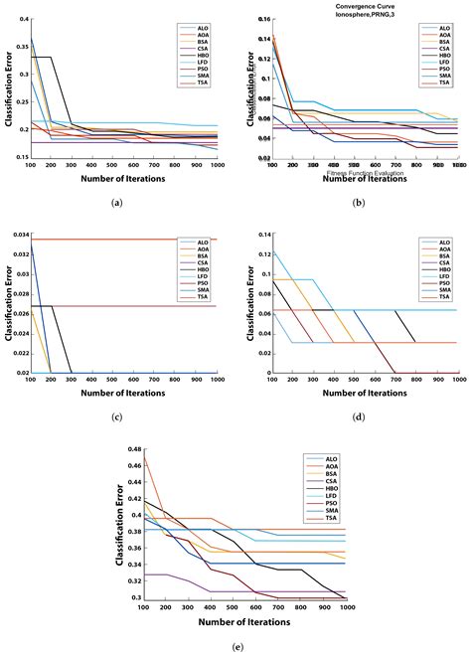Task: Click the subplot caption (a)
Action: (x=117, y=203)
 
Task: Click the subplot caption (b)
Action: (x=356, y=203)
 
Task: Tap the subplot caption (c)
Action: (x=117, y=417)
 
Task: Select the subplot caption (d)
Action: (x=356, y=417)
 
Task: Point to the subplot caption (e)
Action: (x=236, y=645)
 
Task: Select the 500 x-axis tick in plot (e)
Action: (x=231, y=606)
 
